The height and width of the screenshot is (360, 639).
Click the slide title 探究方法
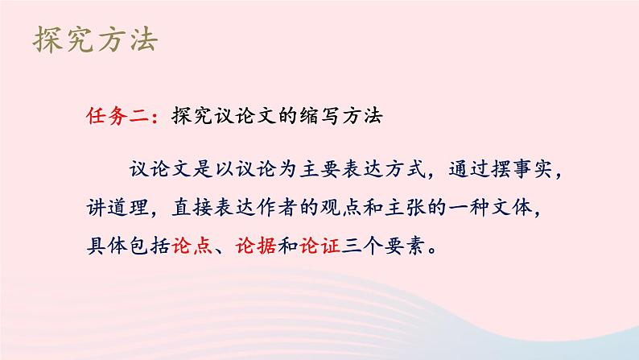tap(96, 39)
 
